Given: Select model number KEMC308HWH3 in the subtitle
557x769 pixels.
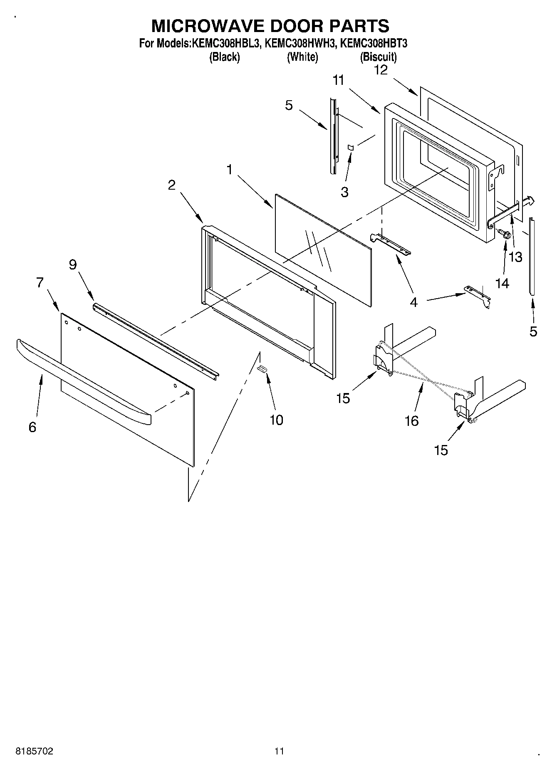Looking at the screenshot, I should click(300, 43).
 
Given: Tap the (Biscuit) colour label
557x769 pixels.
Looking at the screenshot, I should click(378, 57).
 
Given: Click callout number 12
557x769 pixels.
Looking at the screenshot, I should click(381, 70).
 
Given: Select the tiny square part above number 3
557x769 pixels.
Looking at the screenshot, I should click(350, 147).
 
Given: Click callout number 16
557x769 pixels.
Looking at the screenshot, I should click(411, 421).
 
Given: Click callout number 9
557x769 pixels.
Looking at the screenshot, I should click(73, 265).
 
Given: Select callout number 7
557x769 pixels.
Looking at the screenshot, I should click(40, 283).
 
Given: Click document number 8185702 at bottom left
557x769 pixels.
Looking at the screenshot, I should click(34, 751).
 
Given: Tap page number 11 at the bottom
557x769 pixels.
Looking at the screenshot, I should click(279, 751).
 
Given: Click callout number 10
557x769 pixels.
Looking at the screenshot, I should click(276, 420).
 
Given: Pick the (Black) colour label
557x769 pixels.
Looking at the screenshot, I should click(224, 57).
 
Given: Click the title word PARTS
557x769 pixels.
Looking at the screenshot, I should click(356, 26).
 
